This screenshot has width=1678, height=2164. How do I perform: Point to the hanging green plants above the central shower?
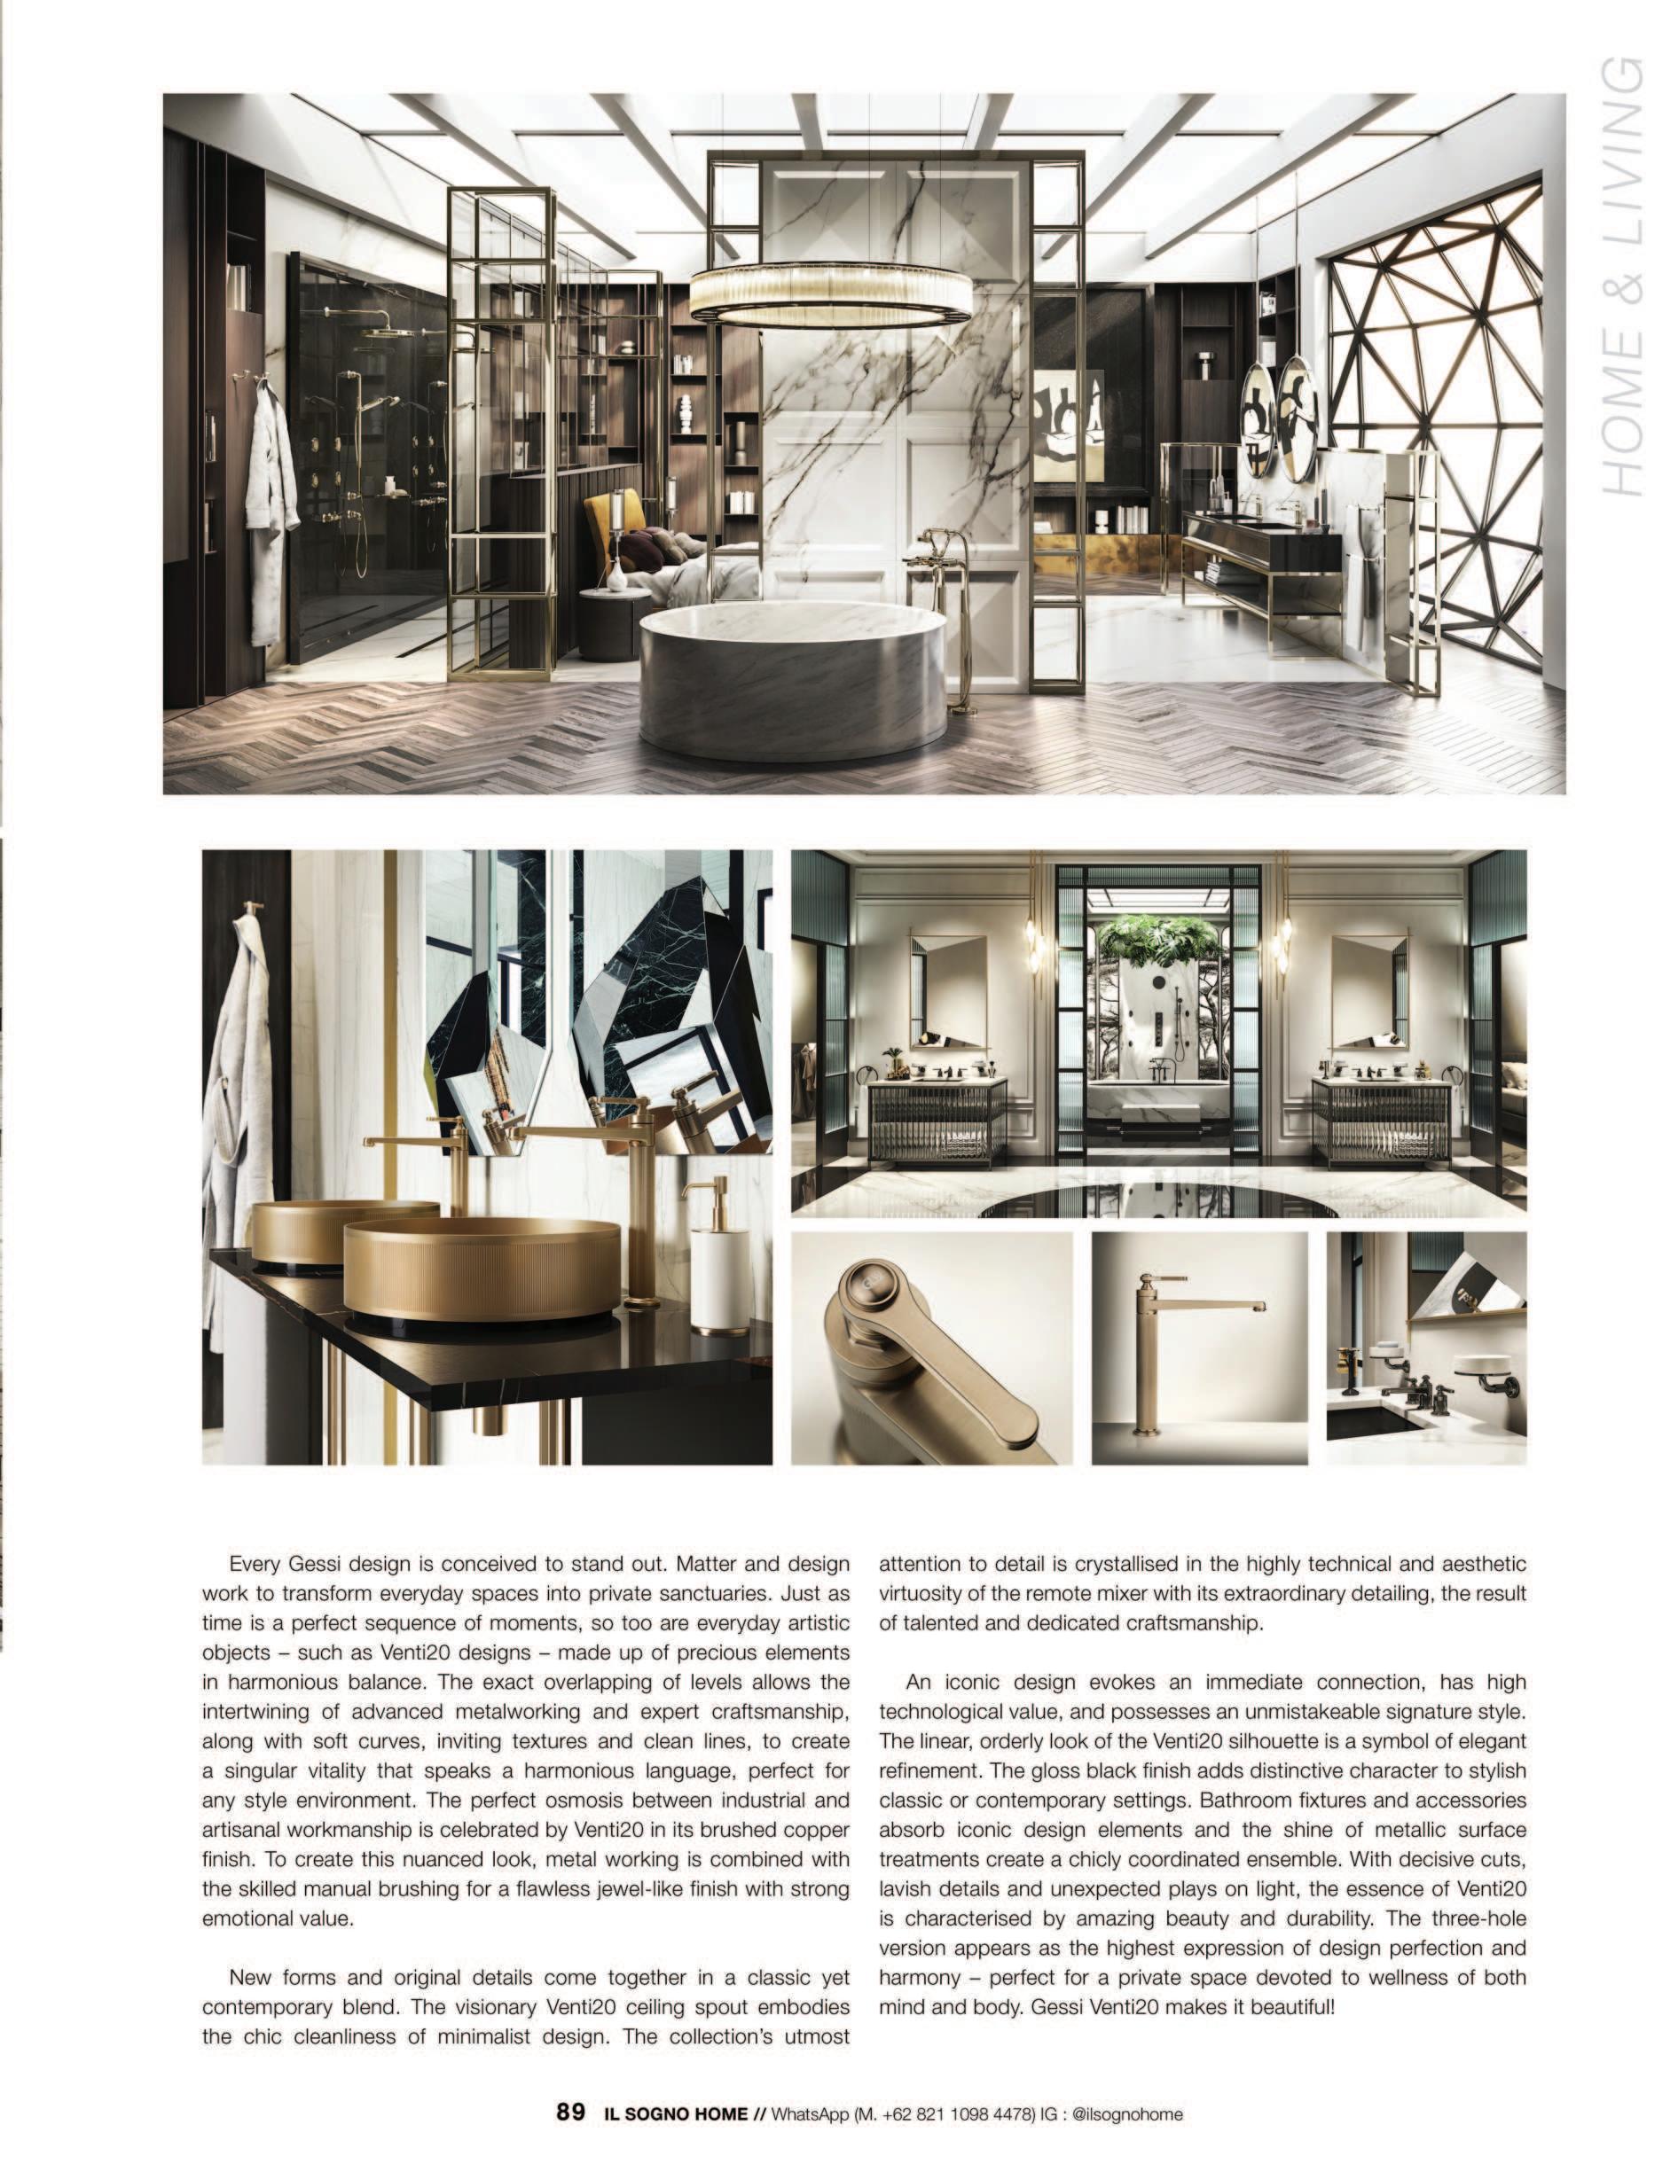coord(1149,934)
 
